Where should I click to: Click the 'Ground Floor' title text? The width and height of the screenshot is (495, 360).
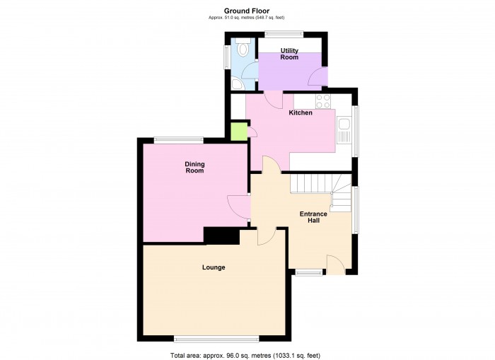pyautogui.click(x=247, y=11)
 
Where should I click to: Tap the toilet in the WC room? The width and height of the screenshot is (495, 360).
pyautogui.click(x=243, y=49)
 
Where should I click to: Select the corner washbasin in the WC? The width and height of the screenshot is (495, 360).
pyautogui.click(x=238, y=83)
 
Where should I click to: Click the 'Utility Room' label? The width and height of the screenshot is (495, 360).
pyautogui.click(x=289, y=54)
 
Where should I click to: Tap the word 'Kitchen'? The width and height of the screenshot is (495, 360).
pyautogui.click(x=301, y=113)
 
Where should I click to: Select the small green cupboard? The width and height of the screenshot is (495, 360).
pyautogui.click(x=238, y=132)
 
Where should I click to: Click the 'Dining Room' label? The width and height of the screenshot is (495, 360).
pyautogui.click(x=194, y=168)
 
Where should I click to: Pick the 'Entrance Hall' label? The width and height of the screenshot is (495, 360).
pyautogui.click(x=313, y=217)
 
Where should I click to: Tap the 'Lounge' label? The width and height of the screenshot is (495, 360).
pyautogui.click(x=214, y=267)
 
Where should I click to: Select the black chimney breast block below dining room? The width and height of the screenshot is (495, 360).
pyautogui.click(x=221, y=235)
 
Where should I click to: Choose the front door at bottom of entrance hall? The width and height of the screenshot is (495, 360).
pyautogui.click(x=335, y=265)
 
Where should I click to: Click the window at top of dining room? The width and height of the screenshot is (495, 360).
pyautogui.click(x=179, y=140)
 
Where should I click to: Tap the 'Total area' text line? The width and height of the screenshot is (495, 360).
pyautogui.click(x=249, y=354)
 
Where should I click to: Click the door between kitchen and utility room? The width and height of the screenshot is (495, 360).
pyautogui.click(x=271, y=100)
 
